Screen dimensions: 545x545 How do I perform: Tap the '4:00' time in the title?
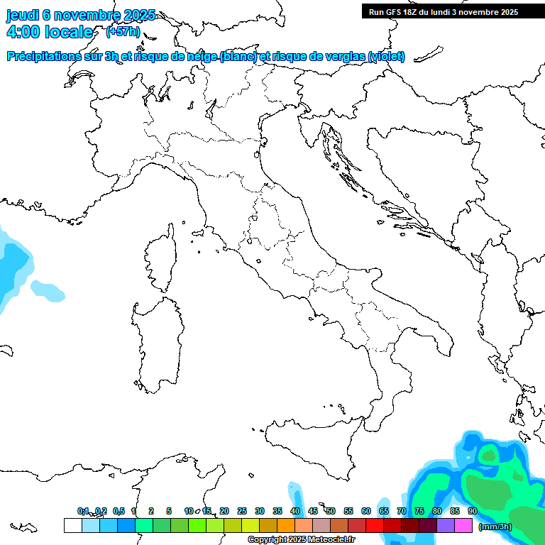coord(23,32)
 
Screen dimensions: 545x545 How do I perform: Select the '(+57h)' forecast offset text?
coord(122,32)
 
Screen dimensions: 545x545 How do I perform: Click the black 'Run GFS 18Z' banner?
coord(444,11)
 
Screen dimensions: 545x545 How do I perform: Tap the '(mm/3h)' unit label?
coord(495,527)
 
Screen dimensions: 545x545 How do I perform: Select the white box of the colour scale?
coord(72,525)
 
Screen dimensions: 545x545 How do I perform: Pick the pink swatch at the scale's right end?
coord(463,525)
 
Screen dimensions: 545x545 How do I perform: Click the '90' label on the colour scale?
coord(472,511)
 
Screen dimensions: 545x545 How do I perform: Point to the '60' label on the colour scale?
coord(365,511)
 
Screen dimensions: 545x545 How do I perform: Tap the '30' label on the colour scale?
coord(259,511)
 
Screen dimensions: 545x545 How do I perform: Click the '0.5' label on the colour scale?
coord(119,511)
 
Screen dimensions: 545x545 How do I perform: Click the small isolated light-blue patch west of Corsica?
coord(47,290)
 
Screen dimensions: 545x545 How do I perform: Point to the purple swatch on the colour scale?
coord(446,525)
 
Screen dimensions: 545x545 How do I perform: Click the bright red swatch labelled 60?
coord(375,525)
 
